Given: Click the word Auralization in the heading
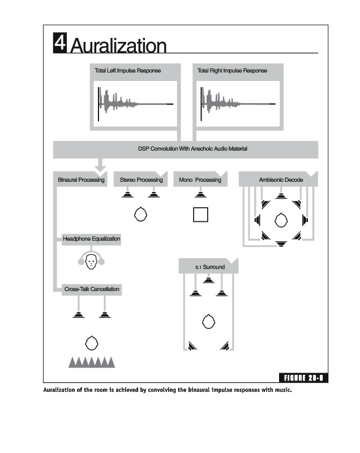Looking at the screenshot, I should click(119, 45).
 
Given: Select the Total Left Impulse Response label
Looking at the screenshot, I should click(128, 71).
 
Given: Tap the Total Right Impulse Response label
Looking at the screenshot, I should click(232, 71).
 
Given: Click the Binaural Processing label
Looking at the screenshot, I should click(81, 180).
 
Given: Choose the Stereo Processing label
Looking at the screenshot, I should click(141, 180).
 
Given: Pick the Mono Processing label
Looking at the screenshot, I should click(200, 180).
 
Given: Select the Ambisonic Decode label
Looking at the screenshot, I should click(281, 180).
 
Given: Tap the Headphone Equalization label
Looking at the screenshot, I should click(92, 239).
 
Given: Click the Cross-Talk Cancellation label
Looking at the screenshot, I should click(92, 289).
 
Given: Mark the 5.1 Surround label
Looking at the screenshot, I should click(209, 267).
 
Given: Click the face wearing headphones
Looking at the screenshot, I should click(91, 260).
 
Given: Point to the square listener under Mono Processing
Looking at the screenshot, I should click(200, 215).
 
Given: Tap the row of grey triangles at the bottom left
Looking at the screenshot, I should click(91, 362).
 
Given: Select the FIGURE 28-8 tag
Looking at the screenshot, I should click(304, 378).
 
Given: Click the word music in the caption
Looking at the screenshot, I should click(281, 390).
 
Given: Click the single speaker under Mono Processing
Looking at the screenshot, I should click(200, 194).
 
